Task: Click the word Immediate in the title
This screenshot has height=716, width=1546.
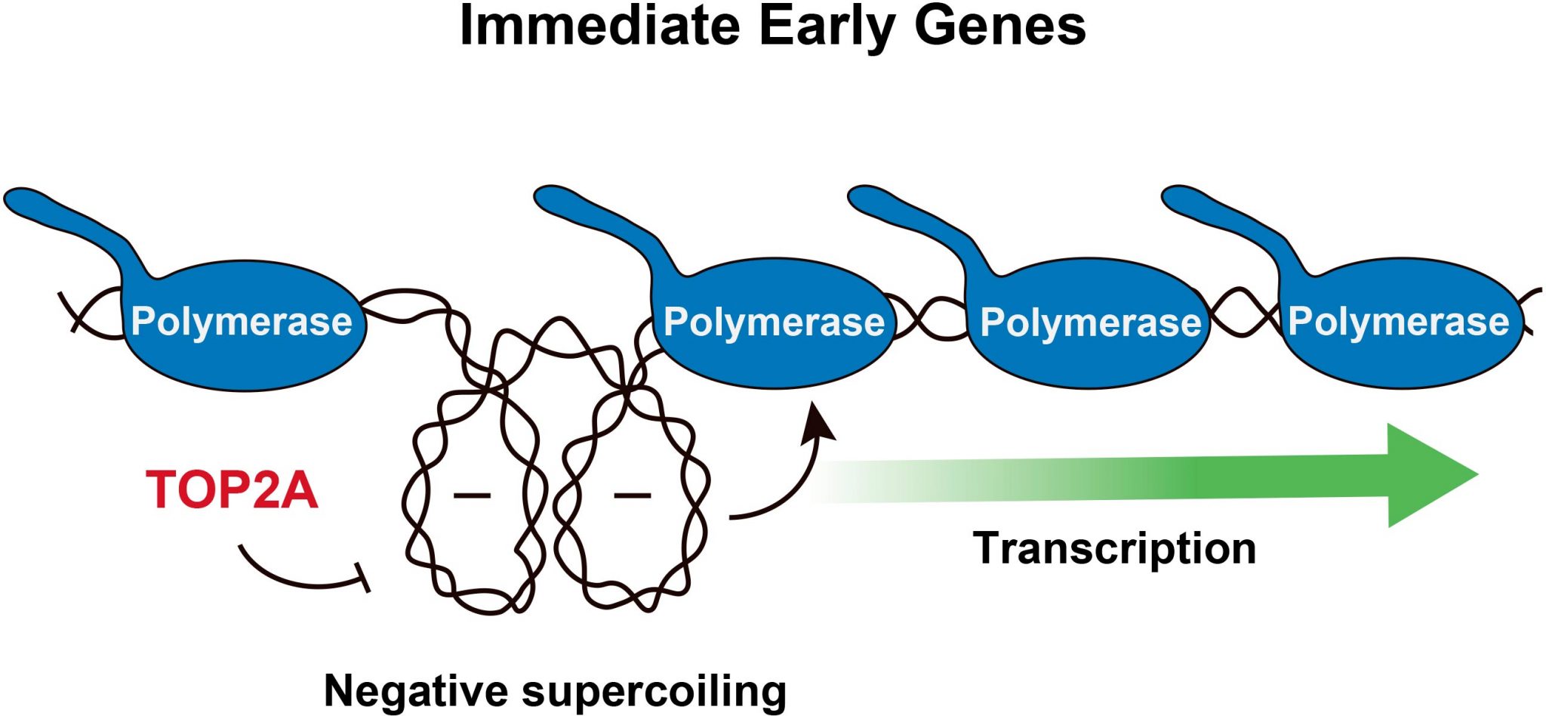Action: tap(600, 26)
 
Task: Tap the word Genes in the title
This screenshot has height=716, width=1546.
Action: tap(999, 26)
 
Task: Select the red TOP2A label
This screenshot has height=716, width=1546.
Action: tap(232, 489)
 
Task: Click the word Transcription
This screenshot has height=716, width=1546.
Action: tap(1114, 548)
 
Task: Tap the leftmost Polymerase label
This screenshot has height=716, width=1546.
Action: tap(242, 321)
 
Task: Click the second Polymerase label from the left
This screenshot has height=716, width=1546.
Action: tap(774, 322)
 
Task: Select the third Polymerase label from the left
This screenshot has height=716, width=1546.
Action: tap(1090, 323)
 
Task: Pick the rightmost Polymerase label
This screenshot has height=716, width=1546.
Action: tap(1398, 321)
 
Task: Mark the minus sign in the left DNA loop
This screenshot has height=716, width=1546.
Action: tap(472, 495)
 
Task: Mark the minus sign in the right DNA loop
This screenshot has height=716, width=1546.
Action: tap(632, 495)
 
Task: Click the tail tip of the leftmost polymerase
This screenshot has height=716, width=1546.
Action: tap(18, 200)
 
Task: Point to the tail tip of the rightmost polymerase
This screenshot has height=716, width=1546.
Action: tap(1175, 199)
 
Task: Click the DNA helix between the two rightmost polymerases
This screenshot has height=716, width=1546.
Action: tap(1244, 311)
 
